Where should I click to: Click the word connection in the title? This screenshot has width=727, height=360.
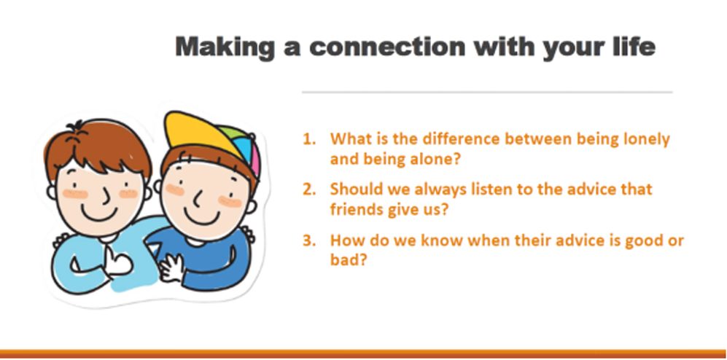point(387,47)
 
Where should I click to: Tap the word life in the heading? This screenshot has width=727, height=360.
point(634,47)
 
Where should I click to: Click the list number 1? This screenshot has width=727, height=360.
point(308,139)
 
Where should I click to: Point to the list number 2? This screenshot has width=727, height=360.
point(308,189)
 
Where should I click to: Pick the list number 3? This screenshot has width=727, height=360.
point(308,241)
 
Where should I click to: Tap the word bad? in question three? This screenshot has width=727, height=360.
point(349,260)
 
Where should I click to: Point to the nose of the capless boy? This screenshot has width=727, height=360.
point(106,197)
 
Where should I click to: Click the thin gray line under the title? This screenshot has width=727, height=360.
point(487,93)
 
